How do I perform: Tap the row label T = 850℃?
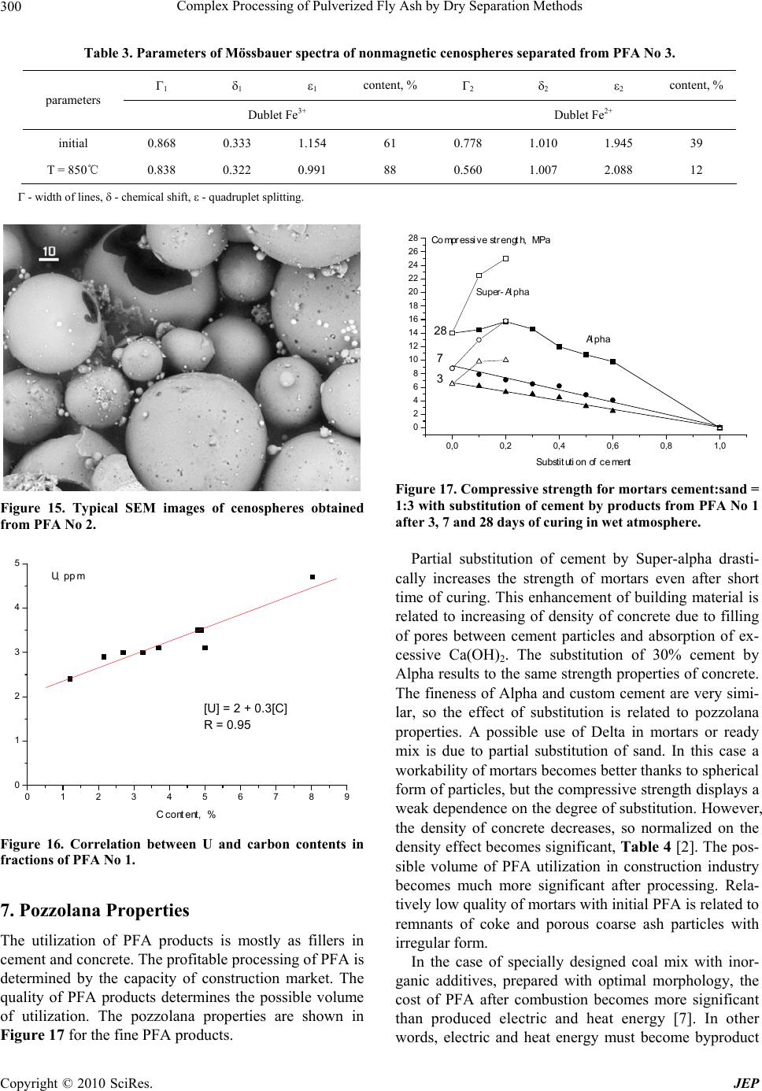[x=73, y=169]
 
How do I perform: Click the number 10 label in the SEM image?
[x=49, y=252]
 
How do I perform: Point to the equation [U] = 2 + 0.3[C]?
[x=245, y=708]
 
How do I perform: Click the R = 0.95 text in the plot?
[x=227, y=725]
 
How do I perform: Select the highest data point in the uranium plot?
[x=313, y=577]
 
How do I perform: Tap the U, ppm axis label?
[x=68, y=575]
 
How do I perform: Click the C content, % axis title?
[x=186, y=815]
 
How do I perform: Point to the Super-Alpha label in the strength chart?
[x=503, y=292]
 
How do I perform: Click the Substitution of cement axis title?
[x=583, y=461]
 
